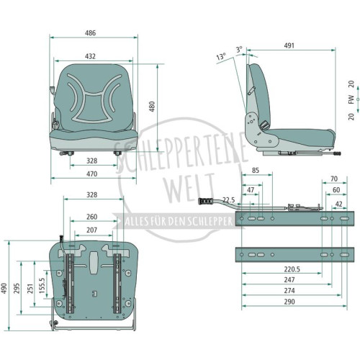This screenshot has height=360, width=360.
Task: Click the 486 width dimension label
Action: coord(90,33)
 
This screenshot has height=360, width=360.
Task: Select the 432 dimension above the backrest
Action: coord(90,56)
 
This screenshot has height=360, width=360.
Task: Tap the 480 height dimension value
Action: coord(152,107)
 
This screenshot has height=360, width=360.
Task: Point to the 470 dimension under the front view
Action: coord(91,174)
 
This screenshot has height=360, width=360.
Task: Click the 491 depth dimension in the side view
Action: coord(289,45)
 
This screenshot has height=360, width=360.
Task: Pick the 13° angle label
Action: coord(221,57)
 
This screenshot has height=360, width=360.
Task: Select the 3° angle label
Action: coord(239,50)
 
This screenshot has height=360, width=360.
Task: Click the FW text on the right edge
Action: coord(351,99)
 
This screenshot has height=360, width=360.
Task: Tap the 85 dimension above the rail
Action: coord(256,170)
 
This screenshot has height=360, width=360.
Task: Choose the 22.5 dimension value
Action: coord(229,200)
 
